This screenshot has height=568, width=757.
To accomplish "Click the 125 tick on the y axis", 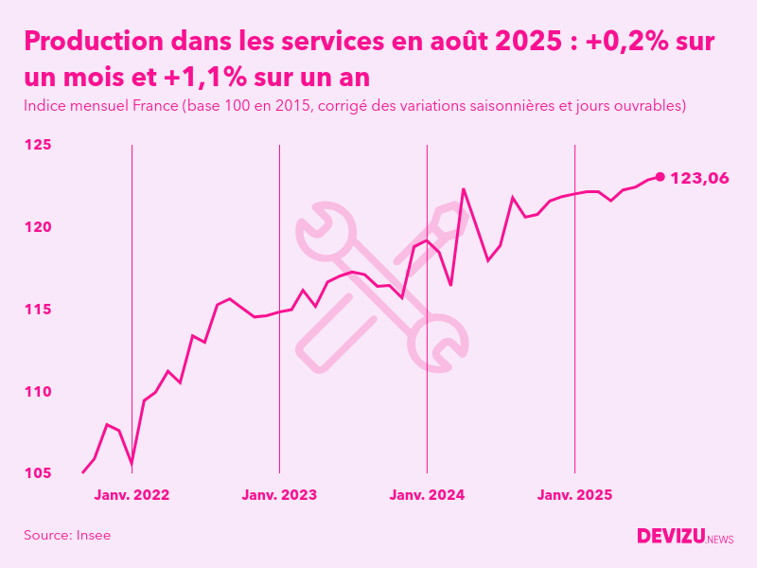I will pyautogui.click(x=38, y=145).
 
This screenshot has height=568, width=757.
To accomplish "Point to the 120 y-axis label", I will pyautogui.click(x=38, y=227).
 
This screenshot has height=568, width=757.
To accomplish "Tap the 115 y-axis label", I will pyautogui.click(x=38, y=310).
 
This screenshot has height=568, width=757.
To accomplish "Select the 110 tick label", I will pyautogui.click(x=38, y=391).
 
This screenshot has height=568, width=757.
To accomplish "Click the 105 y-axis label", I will pyautogui.click(x=38, y=472).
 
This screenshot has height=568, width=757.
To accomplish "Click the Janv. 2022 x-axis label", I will pyautogui.click(x=132, y=494).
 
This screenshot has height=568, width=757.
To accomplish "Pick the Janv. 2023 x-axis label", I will pyautogui.click(x=279, y=494).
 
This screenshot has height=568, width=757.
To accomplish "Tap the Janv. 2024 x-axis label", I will pyautogui.click(x=427, y=494).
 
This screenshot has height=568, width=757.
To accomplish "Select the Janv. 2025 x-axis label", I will pyautogui.click(x=575, y=494).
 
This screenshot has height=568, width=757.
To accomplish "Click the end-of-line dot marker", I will pyautogui.click(x=660, y=177).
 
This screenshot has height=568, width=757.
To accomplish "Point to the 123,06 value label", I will pyautogui.click(x=699, y=178).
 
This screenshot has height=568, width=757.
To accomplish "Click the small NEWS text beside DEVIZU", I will pyautogui.click(x=720, y=540).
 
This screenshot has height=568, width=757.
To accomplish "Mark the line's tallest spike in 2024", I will pyautogui.click(x=464, y=188).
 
